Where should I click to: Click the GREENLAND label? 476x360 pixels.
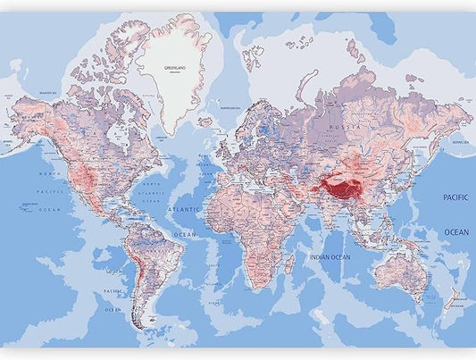pyautogui.click(x=176, y=68)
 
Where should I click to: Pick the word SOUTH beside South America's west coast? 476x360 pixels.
pyautogui.click(x=113, y=270)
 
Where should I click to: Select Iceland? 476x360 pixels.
pyautogui.click(x=205, y=121)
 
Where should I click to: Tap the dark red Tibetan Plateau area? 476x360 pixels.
pyautogui.click(x=342, y=188)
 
